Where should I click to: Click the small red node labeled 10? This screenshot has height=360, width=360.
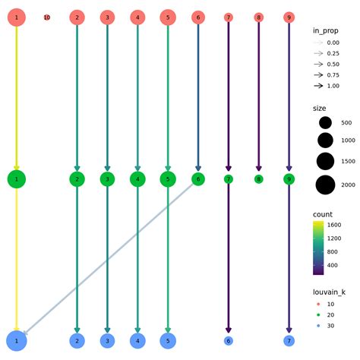point(47,17)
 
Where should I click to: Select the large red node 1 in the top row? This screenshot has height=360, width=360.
point(17,17)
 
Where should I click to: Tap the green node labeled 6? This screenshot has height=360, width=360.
point(198,179)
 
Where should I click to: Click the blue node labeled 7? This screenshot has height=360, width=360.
point(289,341)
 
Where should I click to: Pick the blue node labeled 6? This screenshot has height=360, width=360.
point(229,341)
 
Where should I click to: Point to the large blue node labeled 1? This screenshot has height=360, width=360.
point(17,341)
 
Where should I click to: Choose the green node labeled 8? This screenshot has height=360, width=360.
point(258,179)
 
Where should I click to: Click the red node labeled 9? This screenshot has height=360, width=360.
point(289,17)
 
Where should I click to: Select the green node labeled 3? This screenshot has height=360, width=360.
point(107,179)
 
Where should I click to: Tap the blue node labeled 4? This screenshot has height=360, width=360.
point(137,341)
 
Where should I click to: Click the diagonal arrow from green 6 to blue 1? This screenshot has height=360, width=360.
point(106,261)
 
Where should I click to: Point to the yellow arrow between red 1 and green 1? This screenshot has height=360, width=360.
point(17,99)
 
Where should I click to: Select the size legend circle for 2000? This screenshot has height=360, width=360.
point(326,185)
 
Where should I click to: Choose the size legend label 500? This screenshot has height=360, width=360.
point(346,123)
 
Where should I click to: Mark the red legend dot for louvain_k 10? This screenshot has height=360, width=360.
point(319,304)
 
